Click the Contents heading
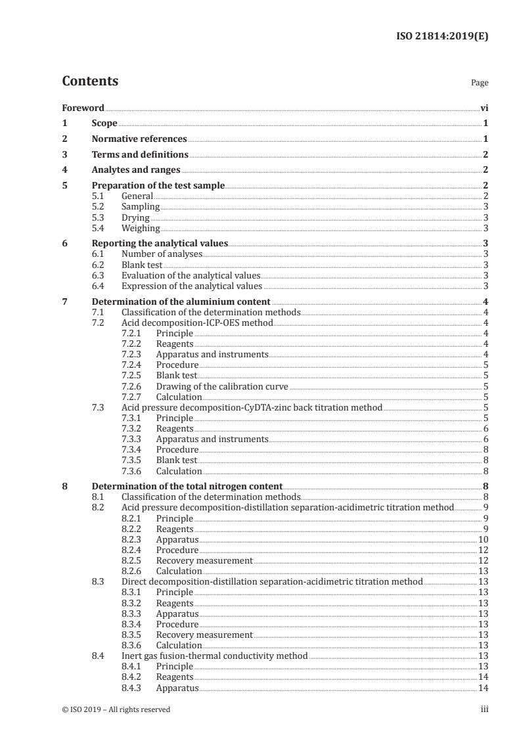click(90, 81)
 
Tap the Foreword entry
click(83, 108)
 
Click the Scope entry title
click(104, 123)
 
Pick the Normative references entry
click(139, 139)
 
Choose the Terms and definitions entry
click(140, 155)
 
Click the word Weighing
click(141, 228)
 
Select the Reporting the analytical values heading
click(160, 244)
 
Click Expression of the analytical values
click(192, 286)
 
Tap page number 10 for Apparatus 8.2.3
click(483, 539)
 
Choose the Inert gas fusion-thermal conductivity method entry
click(214, 656)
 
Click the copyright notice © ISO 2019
click(116, 709)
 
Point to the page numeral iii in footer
click(484, 709)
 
